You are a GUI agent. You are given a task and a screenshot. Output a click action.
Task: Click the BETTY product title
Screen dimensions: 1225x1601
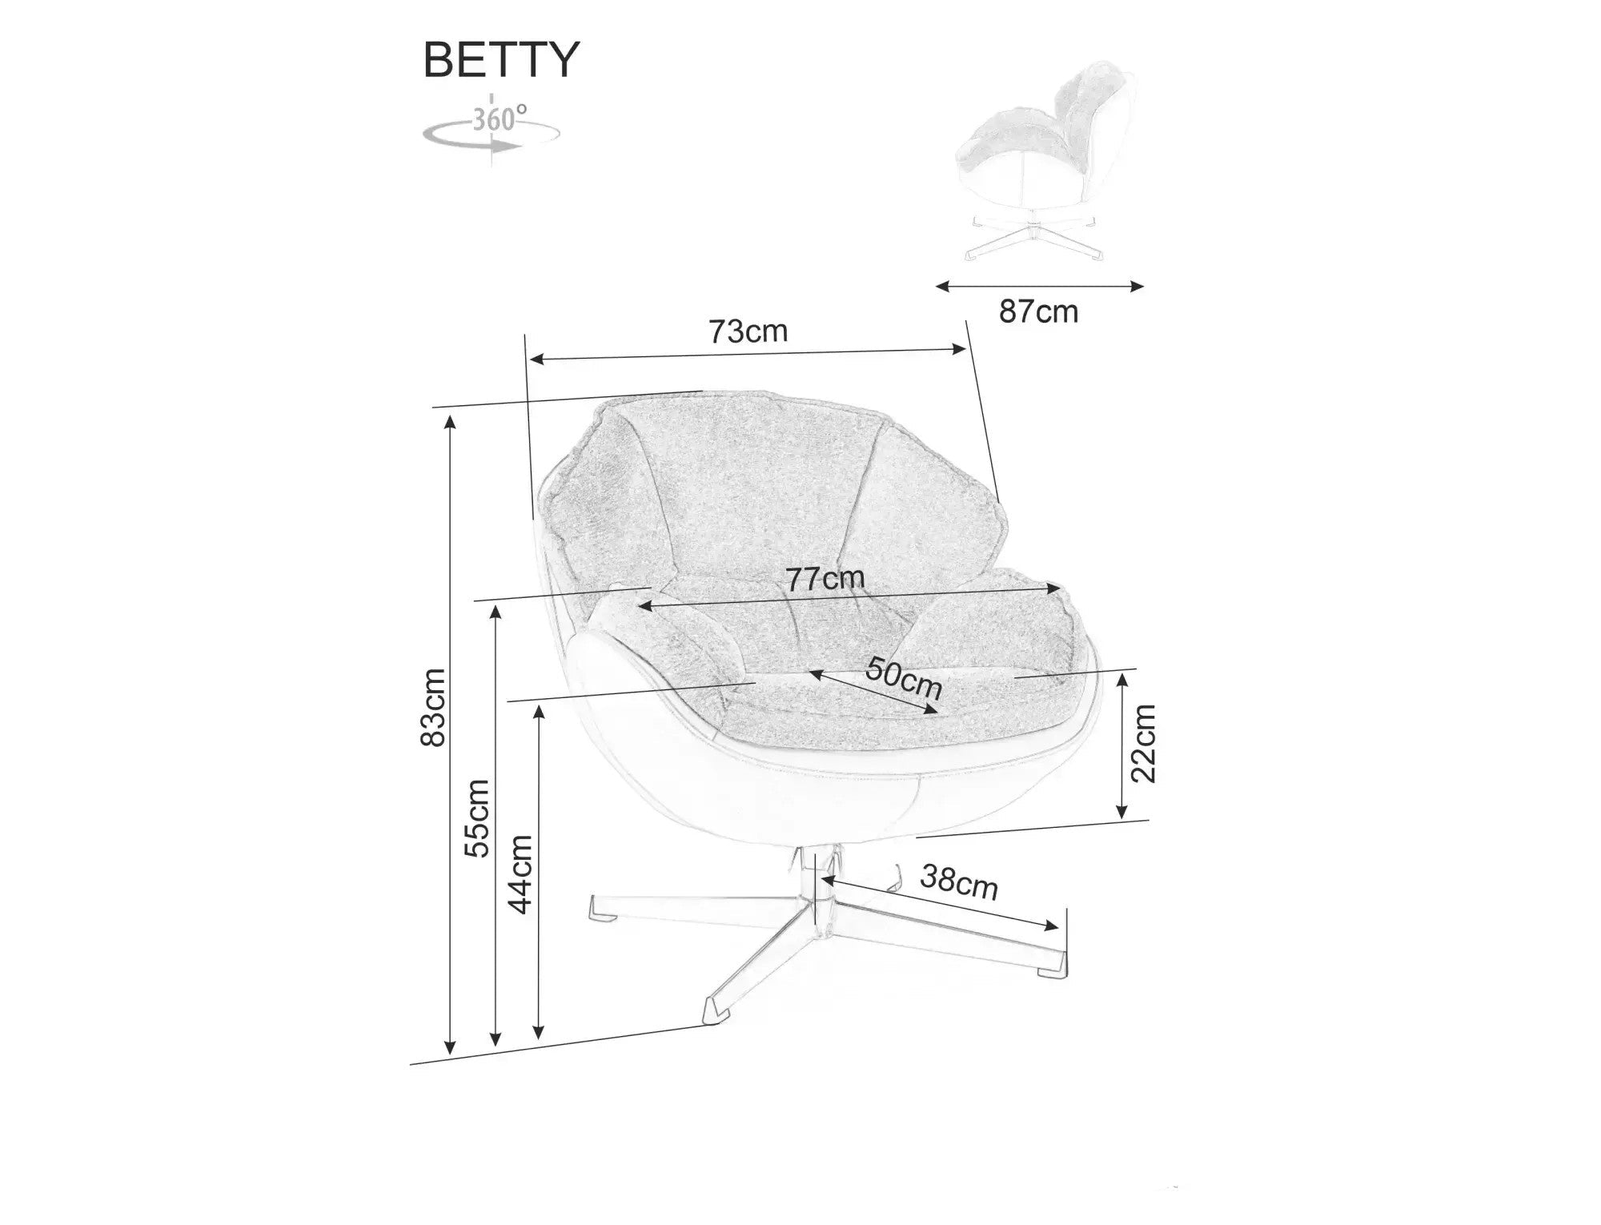coord(501,59)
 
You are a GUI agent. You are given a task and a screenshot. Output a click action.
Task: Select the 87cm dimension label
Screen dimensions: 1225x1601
coord(1038,311)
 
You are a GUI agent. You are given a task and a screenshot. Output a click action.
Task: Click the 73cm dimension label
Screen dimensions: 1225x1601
coord(748,331)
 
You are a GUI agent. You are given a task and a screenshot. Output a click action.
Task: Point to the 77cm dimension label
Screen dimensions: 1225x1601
coord(825,578)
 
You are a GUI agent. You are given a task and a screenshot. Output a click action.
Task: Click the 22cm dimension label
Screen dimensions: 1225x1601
coord(1144,743)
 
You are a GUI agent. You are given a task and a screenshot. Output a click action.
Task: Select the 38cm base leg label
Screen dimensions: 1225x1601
coord(959,882)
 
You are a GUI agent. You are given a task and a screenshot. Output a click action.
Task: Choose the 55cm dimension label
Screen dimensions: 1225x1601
coord(478,818)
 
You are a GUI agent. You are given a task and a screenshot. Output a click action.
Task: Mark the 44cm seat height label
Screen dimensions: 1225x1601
coord(521,874)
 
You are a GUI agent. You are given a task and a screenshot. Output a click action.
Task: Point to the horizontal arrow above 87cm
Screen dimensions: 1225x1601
coord(1039,285)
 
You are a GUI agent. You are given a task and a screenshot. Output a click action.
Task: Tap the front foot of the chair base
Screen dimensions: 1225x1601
coord(709,1012)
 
